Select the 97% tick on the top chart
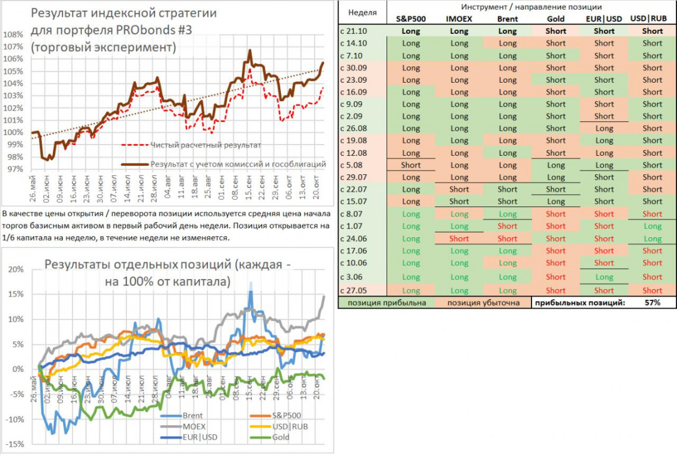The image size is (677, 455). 14,169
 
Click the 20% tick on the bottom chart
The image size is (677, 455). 15,269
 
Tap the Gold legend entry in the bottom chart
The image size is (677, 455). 281,437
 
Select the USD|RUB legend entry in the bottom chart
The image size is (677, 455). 289,426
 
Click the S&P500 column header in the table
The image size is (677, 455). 410,19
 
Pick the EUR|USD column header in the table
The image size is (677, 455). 604,19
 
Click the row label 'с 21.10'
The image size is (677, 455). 355,31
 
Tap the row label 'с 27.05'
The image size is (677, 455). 355,290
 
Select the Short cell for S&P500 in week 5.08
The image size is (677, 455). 410,165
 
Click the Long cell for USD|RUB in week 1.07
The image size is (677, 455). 653,226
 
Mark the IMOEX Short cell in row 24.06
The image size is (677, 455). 459,239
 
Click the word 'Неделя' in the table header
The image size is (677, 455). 362,12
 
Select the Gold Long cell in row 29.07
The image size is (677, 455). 556,177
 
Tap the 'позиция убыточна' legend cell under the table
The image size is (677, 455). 482,303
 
